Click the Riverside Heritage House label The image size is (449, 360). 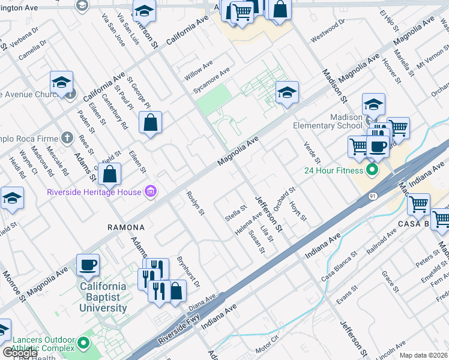pos(94,192)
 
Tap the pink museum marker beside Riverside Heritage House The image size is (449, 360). pos(150,192)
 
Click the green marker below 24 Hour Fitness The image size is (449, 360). pos(372,170)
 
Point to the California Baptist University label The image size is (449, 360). pos(103,297)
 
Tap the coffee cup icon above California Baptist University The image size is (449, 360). pos(88,265)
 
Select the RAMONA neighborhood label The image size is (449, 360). pos(126,227)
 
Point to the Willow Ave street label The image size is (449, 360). pos(199,71)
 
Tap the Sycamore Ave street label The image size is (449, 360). pos(211,80)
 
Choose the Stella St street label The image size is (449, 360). pos(235,214)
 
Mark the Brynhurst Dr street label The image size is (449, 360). pos(187,272)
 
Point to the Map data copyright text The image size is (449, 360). pos(424,355)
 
